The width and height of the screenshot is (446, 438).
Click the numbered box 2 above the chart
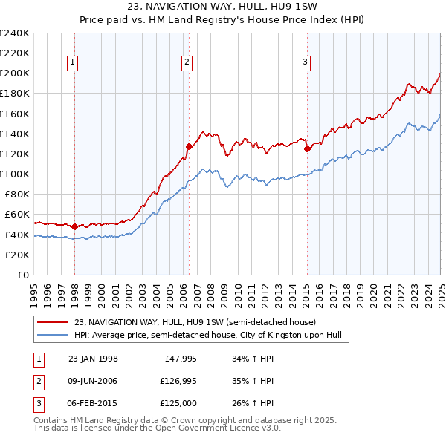tap(187, 62)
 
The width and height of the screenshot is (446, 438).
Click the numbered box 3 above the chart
tap(305, 62)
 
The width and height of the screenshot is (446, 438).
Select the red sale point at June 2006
tap(189, 147)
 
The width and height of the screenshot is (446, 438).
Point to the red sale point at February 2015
tap(307, 148)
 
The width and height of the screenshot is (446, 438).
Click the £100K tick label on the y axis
tap(15, 174)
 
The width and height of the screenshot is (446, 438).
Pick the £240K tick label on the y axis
tap(15, 33)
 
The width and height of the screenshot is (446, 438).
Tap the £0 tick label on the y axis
tap(22, 275)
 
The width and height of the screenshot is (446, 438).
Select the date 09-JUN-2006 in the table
tap(93, 382)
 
